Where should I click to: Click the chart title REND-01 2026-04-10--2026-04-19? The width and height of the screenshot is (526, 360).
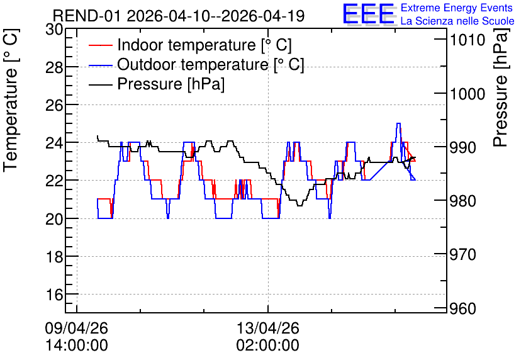[x=179, y=16]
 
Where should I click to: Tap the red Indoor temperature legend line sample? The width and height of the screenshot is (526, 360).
[x=100, y=45]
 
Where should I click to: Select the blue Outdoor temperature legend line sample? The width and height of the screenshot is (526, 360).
[x=100, y=65]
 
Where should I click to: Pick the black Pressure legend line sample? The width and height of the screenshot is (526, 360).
[x=100, y=84]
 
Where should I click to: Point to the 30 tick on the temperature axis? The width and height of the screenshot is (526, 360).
[x=54, y=30]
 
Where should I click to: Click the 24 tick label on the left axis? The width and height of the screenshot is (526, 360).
[x=54, y=143]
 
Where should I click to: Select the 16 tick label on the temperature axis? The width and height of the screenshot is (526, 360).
[x=54, y=295]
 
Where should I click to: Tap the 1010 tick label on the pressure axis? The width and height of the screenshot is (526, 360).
[x=467, y=40]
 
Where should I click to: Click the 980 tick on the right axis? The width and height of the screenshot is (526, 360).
[x=462, y=201]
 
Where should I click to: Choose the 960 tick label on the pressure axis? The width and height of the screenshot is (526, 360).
[x=462, y=308]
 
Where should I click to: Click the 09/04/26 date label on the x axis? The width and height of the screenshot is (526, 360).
[x=77, y=328]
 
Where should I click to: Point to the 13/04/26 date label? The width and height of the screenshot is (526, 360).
[x=267, y=328]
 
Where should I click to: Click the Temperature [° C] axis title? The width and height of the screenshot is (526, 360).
[x=11, y=101]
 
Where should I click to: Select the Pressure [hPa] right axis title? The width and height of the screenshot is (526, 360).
[x=501, y=87]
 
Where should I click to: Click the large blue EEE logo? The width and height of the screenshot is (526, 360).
[x=368, y=14]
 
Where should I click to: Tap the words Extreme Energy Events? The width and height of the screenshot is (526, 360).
[x=457, y=8]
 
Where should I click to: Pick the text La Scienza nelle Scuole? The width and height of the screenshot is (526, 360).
[x=457, y=21]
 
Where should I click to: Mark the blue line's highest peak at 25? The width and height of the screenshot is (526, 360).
[x=398, y=123]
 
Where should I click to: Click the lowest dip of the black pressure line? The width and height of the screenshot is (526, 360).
[x=299, y=205]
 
